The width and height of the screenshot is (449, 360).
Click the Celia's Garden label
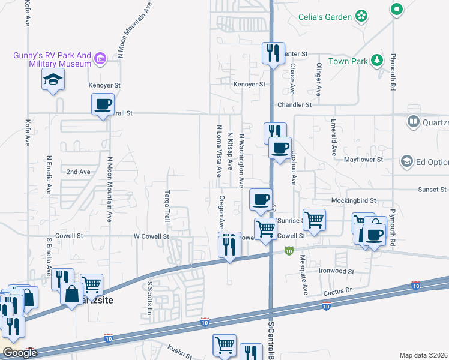coord(325,16)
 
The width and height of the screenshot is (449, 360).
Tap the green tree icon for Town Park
coord(377,59)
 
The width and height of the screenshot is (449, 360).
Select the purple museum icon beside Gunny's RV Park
coord(100,59)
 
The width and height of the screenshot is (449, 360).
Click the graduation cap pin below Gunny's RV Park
coord(53,79)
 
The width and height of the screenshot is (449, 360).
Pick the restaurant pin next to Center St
coord(273,53)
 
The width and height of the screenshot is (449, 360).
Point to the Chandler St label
coord(294,104)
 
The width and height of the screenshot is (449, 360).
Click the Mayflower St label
coord(363,160)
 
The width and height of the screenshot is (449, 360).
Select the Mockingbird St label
coord(353,200)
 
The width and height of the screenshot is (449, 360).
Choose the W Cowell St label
coord(151,236)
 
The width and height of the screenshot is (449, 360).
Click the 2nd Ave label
coord(78,172)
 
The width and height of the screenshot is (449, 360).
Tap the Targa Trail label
coord(167,206)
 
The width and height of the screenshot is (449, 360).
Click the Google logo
coord(19,353)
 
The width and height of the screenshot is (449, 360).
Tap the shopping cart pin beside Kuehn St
coord(224,345)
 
